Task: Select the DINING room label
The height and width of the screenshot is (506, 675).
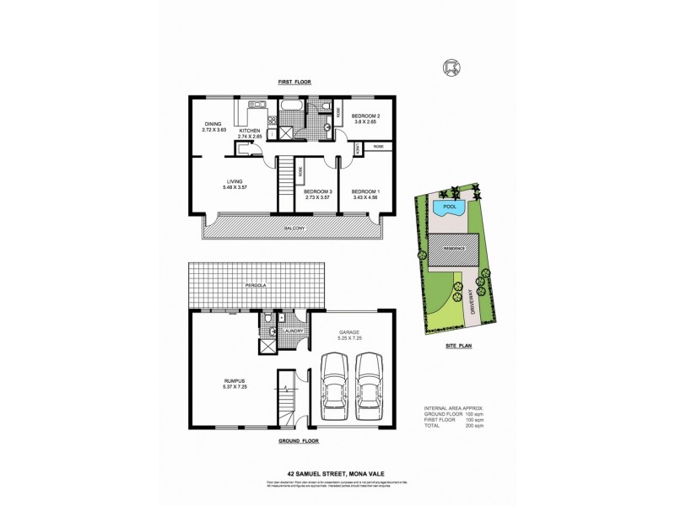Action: coord(211,126)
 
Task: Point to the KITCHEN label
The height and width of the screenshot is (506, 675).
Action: coord(251,131)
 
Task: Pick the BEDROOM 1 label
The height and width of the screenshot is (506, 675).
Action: coord(366,191)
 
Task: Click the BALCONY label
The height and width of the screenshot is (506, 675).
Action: coord(293,229)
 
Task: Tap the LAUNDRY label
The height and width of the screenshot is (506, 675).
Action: coord(293,331)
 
